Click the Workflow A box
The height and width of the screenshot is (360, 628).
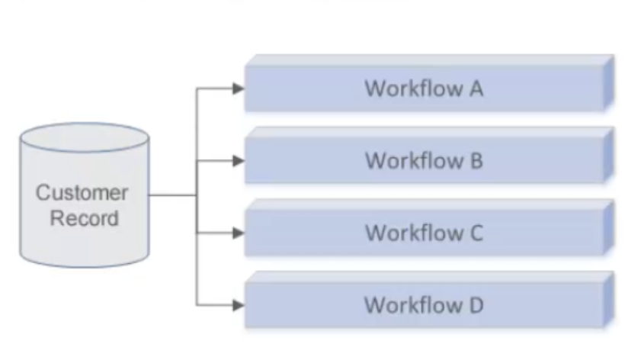click(424, 89)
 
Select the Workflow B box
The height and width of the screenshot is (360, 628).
click(424, 161)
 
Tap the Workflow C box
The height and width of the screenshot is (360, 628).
click(424, 233)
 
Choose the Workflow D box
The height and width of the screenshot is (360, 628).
click(424, 305)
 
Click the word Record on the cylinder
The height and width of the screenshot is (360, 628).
click(84, 218)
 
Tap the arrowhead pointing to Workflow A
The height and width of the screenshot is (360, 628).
click(239, 89)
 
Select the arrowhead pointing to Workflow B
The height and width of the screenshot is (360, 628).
click(239, 161)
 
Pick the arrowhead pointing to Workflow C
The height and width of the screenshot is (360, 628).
click(239, 233)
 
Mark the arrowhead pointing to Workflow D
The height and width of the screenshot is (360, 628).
click(239, 305)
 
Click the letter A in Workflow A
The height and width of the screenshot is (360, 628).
click(475, 89)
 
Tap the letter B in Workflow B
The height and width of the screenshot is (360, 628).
click(476, 161)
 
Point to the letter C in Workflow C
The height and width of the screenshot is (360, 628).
click(476, 233)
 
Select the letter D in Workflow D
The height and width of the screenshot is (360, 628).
click(476, 305)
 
